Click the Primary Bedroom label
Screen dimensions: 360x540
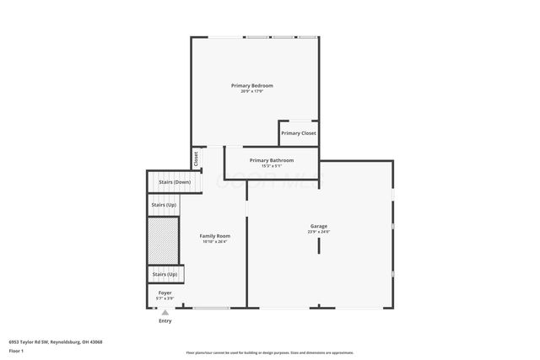click(x=252, y=85)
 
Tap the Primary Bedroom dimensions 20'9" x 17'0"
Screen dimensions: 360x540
click(x=252, y=91)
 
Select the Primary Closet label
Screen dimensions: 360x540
click(x=299, y=133)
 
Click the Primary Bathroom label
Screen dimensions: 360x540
click(x=272, y=160)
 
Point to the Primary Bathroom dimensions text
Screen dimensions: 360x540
click(x=272, y=166)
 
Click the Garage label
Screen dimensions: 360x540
click(x=318, y=225)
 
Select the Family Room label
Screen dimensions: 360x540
click(x=214, y=235)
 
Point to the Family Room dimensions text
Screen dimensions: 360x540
click(x=214, y=241)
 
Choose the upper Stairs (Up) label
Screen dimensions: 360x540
click(x=165, y=205)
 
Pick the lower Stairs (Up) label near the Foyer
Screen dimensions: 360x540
click(x=165, y=274)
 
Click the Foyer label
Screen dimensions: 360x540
click(x=165, y=293)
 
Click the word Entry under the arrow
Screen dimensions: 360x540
click(x=165, y=320)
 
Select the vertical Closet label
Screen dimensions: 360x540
click(x=197, y=158)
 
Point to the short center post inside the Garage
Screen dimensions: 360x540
click(x=318, y=245)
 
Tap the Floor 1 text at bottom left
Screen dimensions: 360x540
click(x=16, y=350)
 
